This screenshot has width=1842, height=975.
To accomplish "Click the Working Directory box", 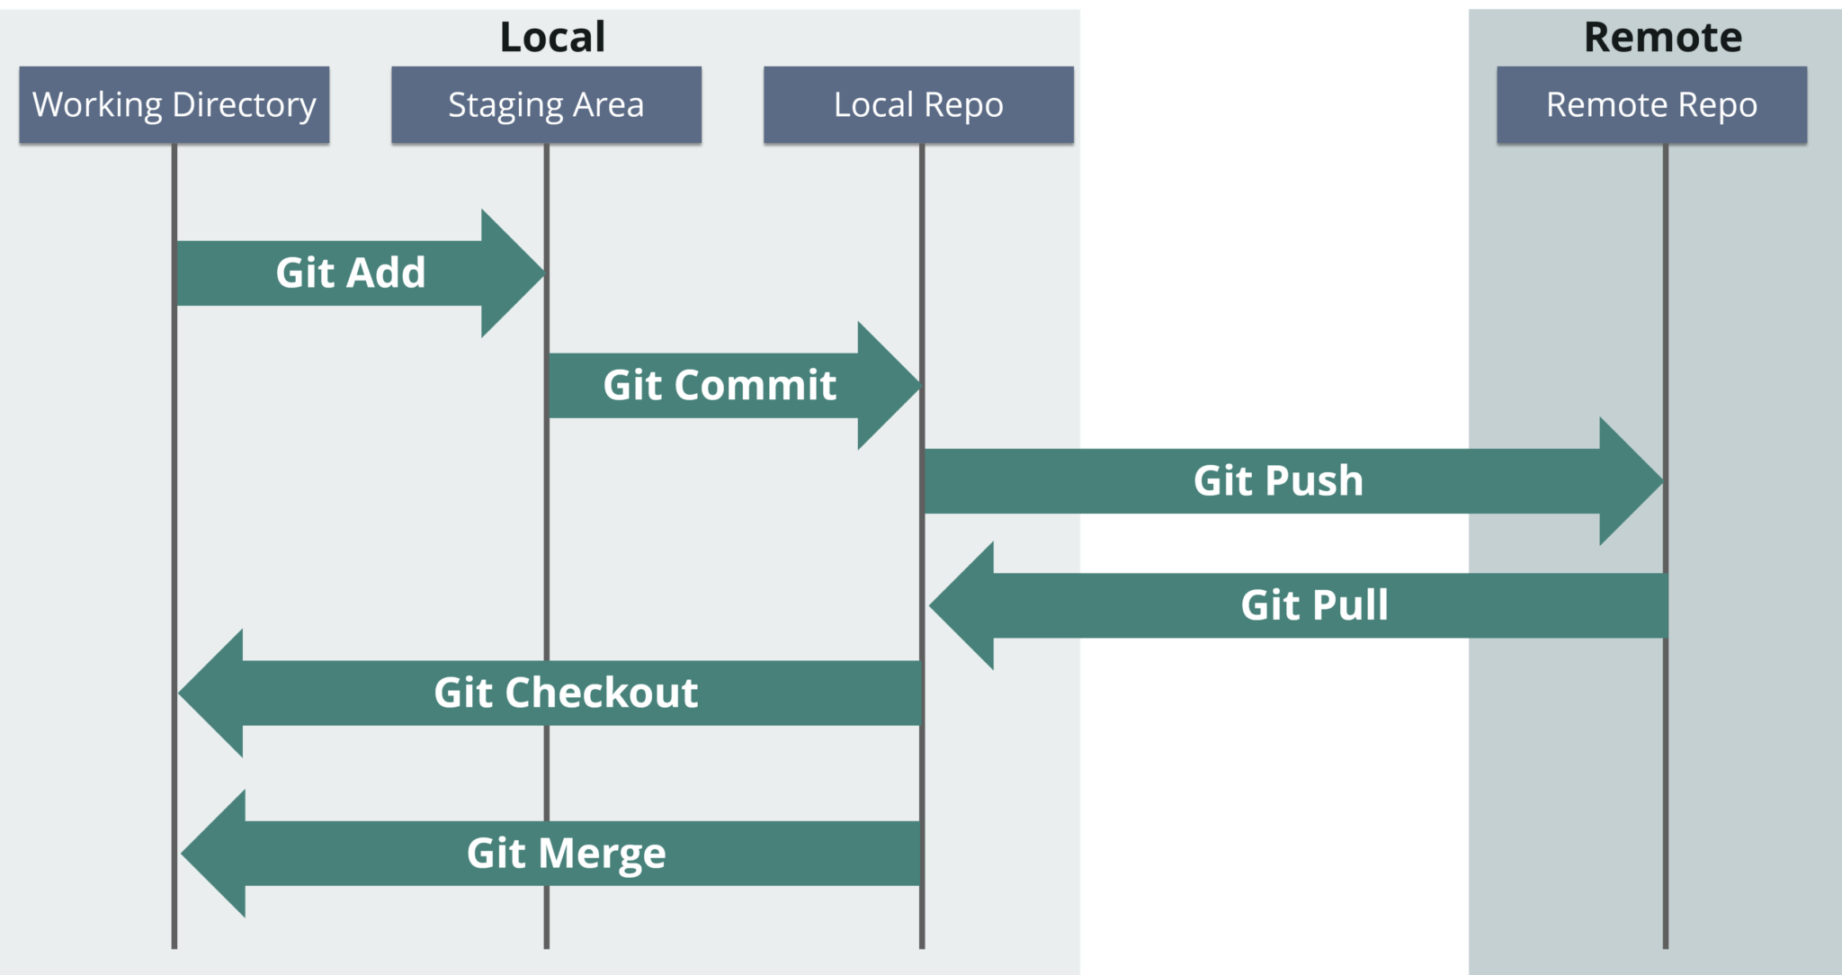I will [x=174, y=104].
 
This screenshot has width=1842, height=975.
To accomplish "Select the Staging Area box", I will [x=546, y=104].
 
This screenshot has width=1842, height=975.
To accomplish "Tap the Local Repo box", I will [x=918, y=104].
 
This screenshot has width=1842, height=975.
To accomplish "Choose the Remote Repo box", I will [x=1651, y=104].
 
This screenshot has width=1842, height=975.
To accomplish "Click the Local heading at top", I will [x=552, y=37].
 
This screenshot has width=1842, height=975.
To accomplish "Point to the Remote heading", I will [x=1663, y=37].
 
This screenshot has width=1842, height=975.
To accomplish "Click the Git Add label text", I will [x=350, y=273].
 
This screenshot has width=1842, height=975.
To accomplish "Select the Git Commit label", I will [x=720, y=385].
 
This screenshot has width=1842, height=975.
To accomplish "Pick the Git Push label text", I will [x=1278, y=480].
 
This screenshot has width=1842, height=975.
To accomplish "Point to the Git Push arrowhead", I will [x=1630, y=481].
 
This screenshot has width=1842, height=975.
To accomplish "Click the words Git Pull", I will [x=1314, y=604].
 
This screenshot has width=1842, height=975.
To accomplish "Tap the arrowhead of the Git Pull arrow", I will [x=961, y=605].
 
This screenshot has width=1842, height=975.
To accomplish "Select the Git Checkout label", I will [x=566, y=693].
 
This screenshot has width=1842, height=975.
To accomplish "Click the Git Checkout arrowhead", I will [x=210, y=693].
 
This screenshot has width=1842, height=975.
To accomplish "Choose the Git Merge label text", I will [x=566, y=853].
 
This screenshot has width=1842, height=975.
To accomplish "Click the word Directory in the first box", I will [x=244, y=105].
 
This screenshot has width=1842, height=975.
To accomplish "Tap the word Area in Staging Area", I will [x=609, y=104].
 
